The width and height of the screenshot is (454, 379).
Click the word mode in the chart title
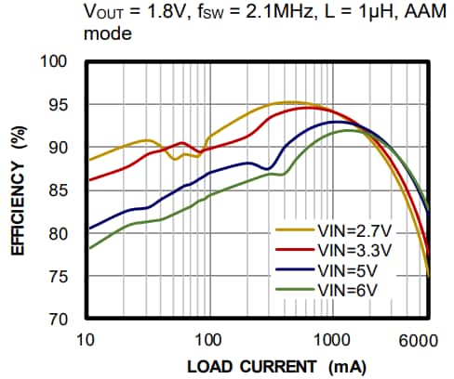pos(106,34)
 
